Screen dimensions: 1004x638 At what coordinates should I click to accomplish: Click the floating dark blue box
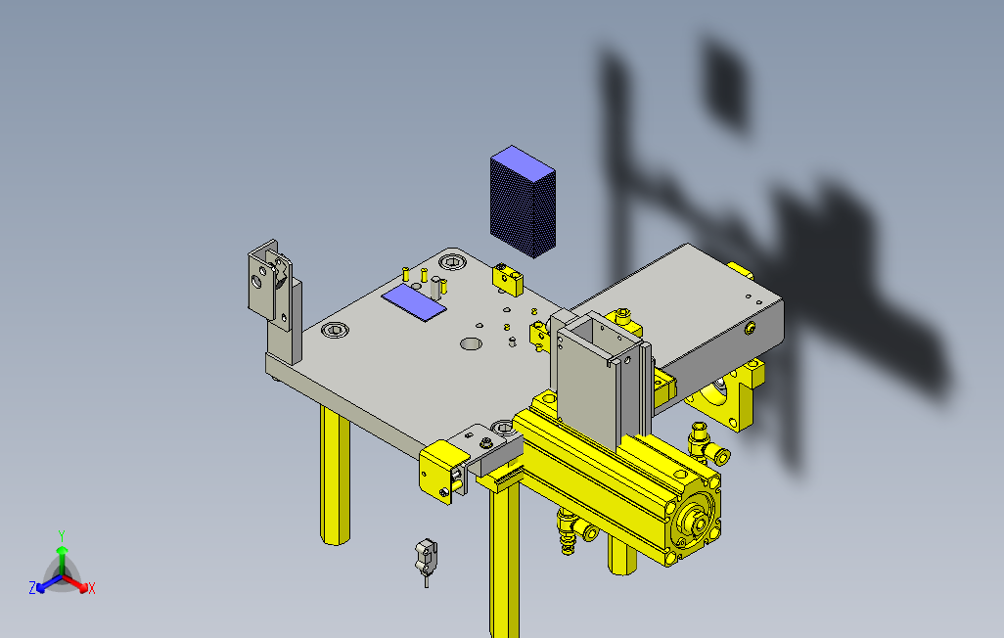[x=523, y=202]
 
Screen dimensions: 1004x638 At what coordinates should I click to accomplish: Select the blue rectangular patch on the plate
[x=414, y=302]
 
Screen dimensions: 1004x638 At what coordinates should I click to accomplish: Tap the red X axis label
[x=92, y=588]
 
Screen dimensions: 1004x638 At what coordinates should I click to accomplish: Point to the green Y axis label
[x=62, y=535]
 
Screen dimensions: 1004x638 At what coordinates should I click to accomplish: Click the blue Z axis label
[x=32, y=587]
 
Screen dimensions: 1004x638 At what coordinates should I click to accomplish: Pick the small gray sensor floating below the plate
[x=427, y=558]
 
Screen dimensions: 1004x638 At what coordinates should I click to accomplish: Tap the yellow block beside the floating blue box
[x=508, y=280]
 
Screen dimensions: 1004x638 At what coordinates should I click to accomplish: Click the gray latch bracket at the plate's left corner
[x=271, y=285]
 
